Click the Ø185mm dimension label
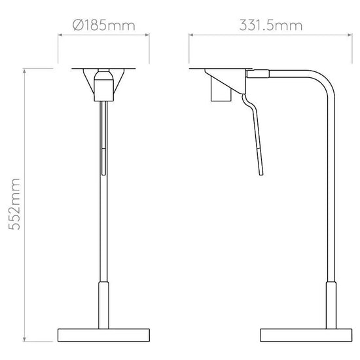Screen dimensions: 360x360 105,26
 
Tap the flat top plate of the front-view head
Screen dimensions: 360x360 104,67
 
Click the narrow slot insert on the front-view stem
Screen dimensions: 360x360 103,160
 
